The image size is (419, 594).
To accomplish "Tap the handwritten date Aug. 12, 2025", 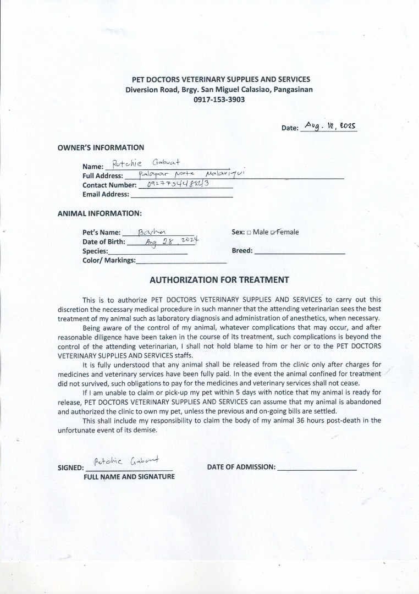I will click(x=330, y=126).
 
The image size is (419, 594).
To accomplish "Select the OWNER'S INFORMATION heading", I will click(x=101, y=147).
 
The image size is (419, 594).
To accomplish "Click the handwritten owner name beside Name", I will click(x=146, y=163).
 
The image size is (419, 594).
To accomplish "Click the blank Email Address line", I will click(x=181, y=195).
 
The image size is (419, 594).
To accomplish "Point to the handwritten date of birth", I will click(x=170, y=241).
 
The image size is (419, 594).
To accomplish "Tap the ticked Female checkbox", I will click(x=273, y=233).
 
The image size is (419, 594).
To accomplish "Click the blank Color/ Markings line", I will click(x=181, y=261).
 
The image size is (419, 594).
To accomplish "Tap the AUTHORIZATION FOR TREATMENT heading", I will click(x=219, y=279).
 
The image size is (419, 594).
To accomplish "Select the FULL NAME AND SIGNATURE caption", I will click(x=129, y=477).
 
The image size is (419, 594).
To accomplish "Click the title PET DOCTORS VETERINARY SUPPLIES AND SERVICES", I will click(x=217, y=80).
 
